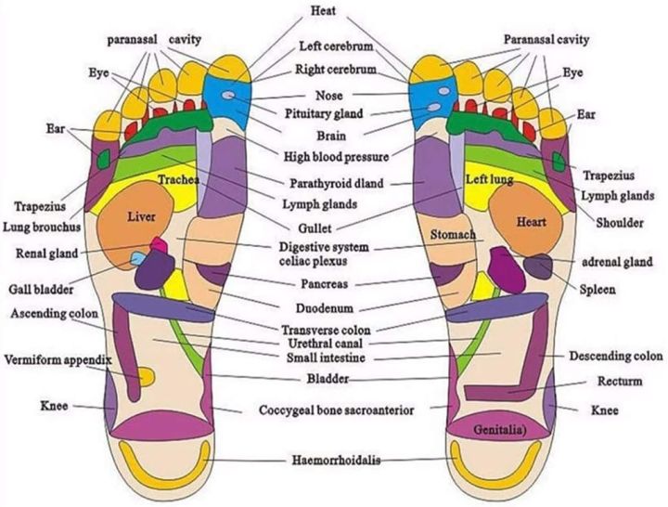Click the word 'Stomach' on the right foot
453,236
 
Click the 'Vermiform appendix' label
58,359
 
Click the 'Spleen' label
597,290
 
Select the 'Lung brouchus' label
45,226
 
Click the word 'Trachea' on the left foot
179,179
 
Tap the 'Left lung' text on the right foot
489,178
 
